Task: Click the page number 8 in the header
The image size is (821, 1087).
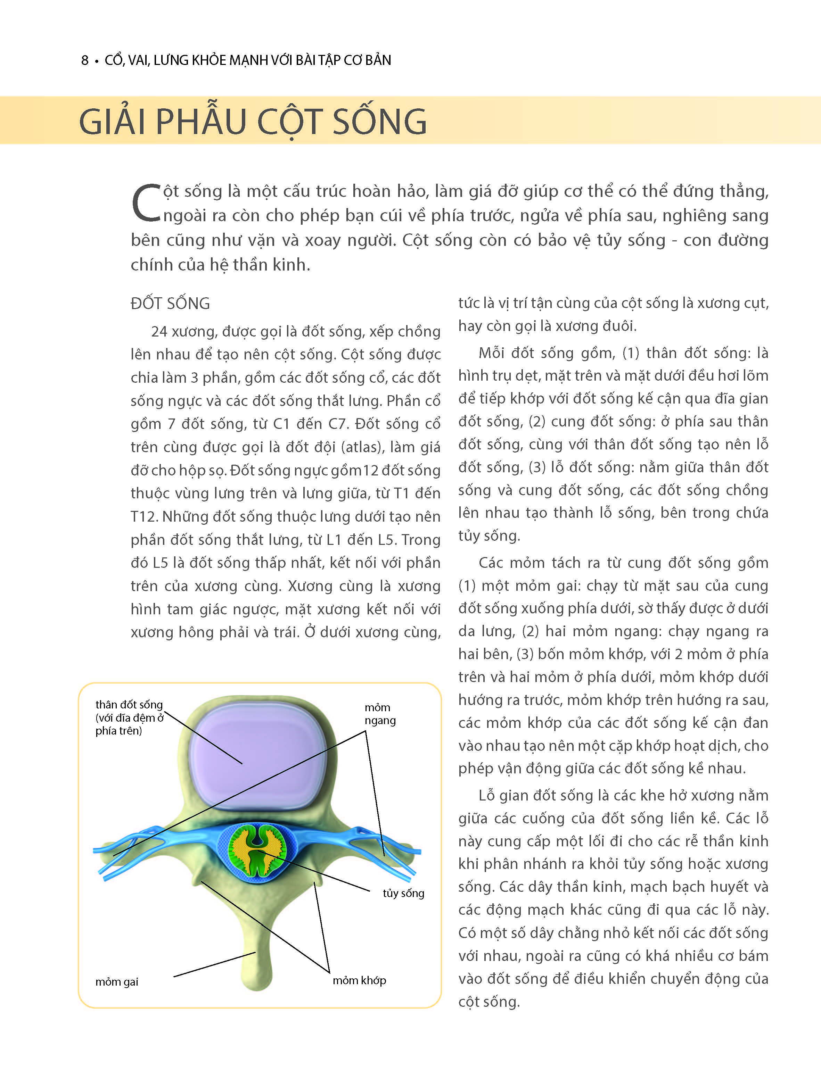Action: tap(84, 60)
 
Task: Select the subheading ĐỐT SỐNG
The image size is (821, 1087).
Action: tap(170, 304)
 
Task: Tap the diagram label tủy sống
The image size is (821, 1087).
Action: tap(403, 893)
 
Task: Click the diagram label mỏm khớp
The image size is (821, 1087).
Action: tap(359, 980)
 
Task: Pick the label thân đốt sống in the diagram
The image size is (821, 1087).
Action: tap(129, 705)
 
